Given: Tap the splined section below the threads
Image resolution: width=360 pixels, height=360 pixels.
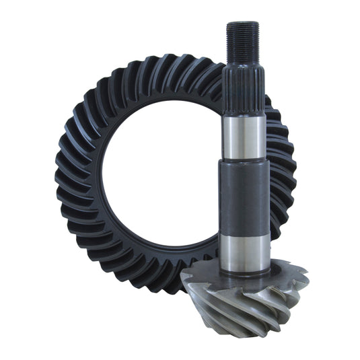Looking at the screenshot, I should (x=243, y=87).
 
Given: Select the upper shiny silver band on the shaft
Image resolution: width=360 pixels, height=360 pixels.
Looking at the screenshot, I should (x=243, y=135).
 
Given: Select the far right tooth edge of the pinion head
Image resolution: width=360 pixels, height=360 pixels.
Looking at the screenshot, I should (x=306, y=276).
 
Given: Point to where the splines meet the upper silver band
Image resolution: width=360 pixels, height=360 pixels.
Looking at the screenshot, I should (x=243, y=116).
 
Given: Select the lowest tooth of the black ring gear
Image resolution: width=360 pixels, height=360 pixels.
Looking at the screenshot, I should (x=161, y=283).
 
